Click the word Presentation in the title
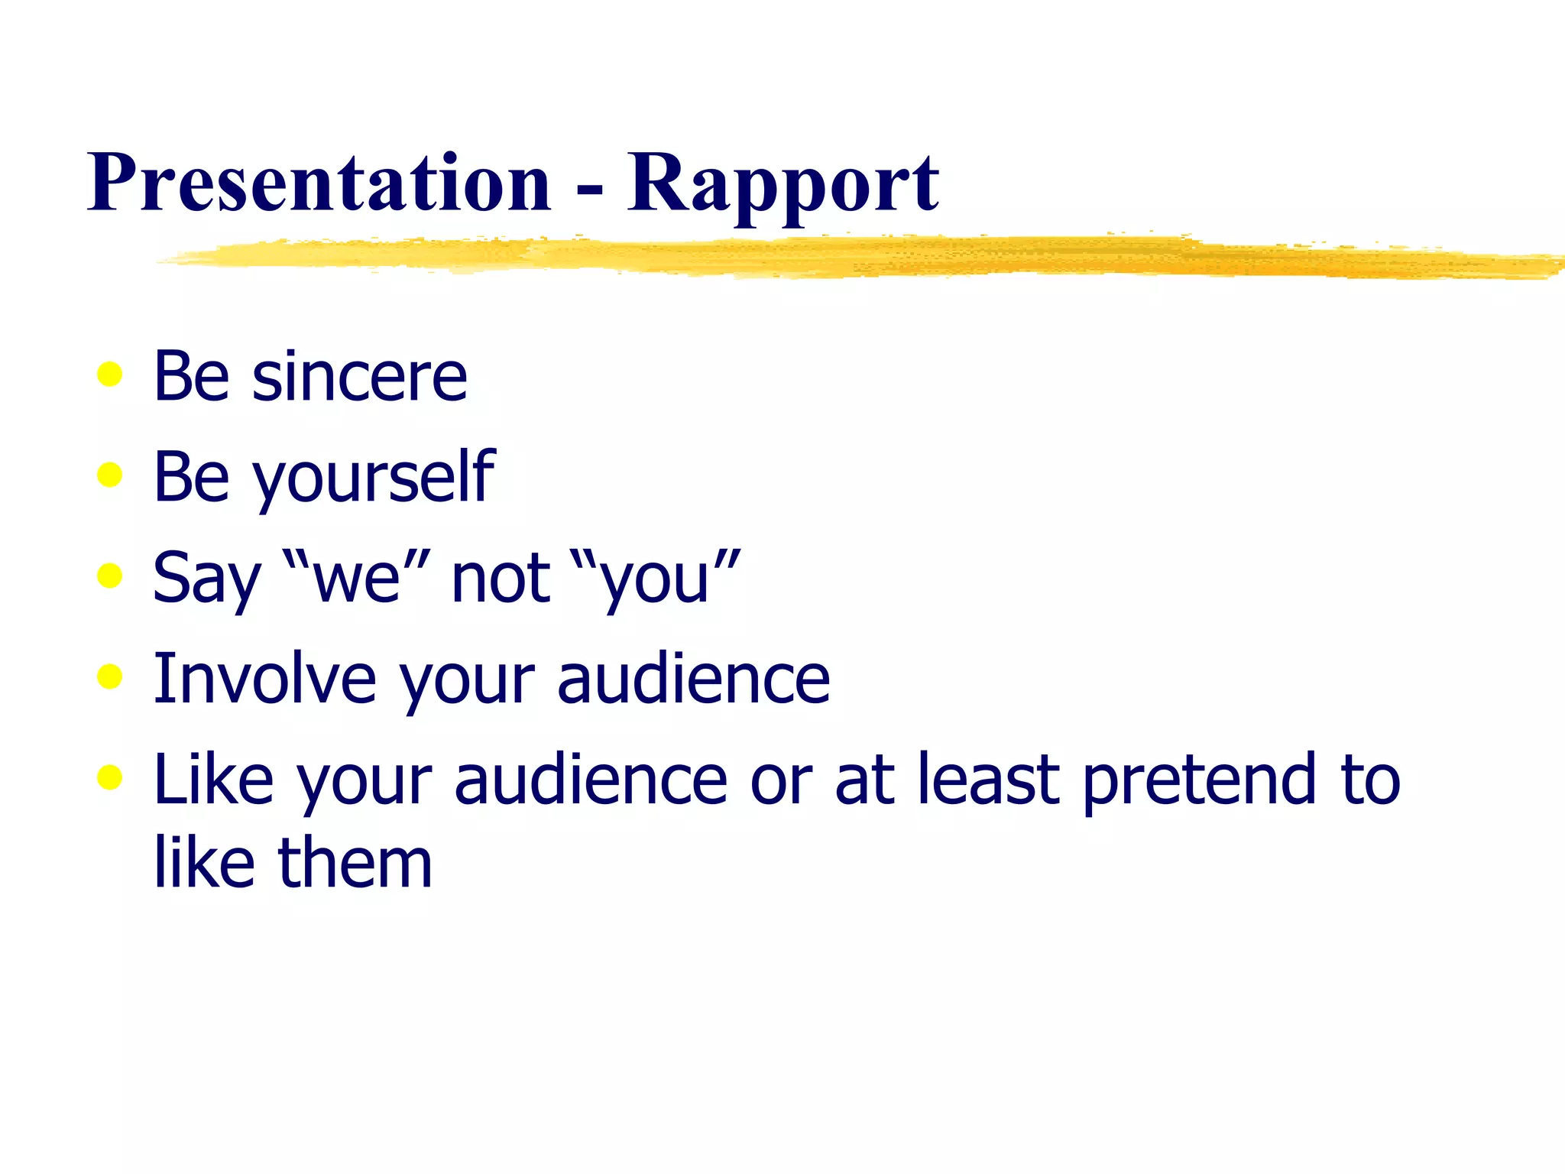[319, 183]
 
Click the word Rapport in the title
[783, 183]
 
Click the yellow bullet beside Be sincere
[110, 375]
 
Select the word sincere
[359, 377]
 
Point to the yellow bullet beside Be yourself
[110, 475]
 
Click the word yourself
[374, 478]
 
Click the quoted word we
[357, 579]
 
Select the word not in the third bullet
[501, 579]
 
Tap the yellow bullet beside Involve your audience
[110, 676]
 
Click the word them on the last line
[355, 864]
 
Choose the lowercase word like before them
[204, 864]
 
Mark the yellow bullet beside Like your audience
[110, 777]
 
